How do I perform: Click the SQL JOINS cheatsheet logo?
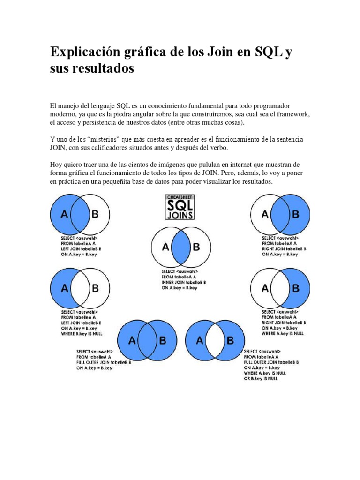(x=180, y=207)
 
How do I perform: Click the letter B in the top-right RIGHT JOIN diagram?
(x=295, y=215)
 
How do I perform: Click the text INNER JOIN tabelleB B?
(x=184, y=283)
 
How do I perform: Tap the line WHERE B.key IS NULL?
(x=82, y=334)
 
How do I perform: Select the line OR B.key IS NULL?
(x=260, y=379)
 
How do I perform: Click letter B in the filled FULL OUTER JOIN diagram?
(x=162, y=341)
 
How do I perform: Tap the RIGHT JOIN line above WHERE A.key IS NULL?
(x=284, y=323)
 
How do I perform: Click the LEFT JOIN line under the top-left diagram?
(x=82, y=249)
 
